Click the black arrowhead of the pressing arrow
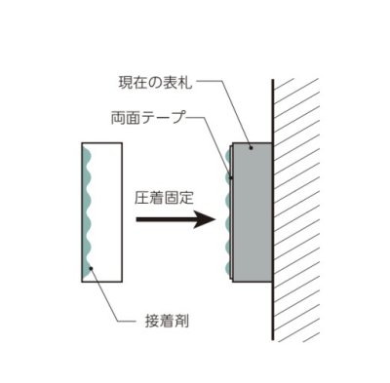click(x=204, y=219)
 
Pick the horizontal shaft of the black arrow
click(x=161, y=219)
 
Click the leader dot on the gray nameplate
click(x=253, y=145)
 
